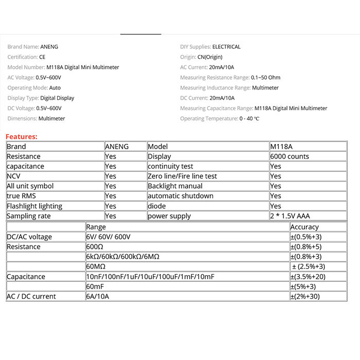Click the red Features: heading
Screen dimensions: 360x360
pyautogui.click(x=22, y=137)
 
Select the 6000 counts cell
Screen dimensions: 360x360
pyautogui.click(x=289, y=156)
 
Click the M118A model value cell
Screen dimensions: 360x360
pyautogui.click(x=281, y=147)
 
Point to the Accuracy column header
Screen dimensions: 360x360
pyautogui.click(x=304, y=227)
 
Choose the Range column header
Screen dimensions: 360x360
pyautogui.click(x=96, y=227)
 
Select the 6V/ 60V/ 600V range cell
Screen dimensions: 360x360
pyautogui.click(x=108, y=237)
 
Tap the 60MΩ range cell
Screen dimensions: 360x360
pyautogui.click(x=96, y=266)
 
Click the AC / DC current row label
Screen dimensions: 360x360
pyautogui.click(x=31, y=296)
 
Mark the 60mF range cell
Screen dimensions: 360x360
pyautogui.click(x=96, y=286)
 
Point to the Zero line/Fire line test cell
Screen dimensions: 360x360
pyautogui.click(x=182, y=176)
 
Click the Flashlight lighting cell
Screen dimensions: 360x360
pyautogui.click(x=34, y=206)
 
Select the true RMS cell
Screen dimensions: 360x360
pyautogui.click(x=22, y=196)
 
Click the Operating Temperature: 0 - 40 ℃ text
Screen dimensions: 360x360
pyautogui.click(x=220, y=119)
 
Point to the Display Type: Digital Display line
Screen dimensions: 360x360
pyautogui.click(x=41, y=98)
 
